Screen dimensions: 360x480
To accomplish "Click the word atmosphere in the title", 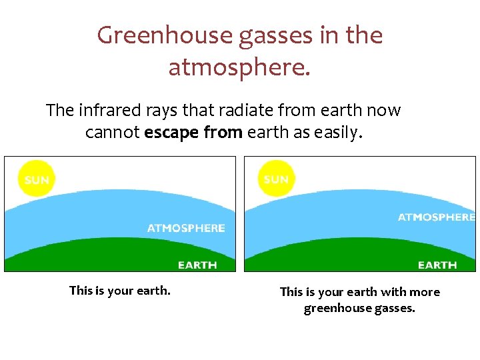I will pyautogui.click(x=239, y=67).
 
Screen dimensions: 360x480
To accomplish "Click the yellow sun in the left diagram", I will pyautogui.click(x=37, y=180).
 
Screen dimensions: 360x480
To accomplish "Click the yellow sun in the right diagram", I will pyautogui.click(x=276, y=179).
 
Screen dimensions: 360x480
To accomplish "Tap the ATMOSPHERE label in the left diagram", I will pyautogui.click(x=186, y=228).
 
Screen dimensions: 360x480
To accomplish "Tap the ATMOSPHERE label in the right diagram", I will pyautogui.click(x=436, y=217).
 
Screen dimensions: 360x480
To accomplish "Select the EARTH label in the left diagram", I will pyautogui.click(x=197, y=265).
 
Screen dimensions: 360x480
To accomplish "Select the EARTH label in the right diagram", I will pyautogui.click(x=437, y=265).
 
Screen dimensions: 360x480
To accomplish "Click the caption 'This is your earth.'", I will pyautogui.click(x=120, y=291).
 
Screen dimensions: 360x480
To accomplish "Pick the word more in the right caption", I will pyautogui.click(x=425, y=292).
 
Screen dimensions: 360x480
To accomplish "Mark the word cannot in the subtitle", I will pyautogui.click(x=113, y=133).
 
